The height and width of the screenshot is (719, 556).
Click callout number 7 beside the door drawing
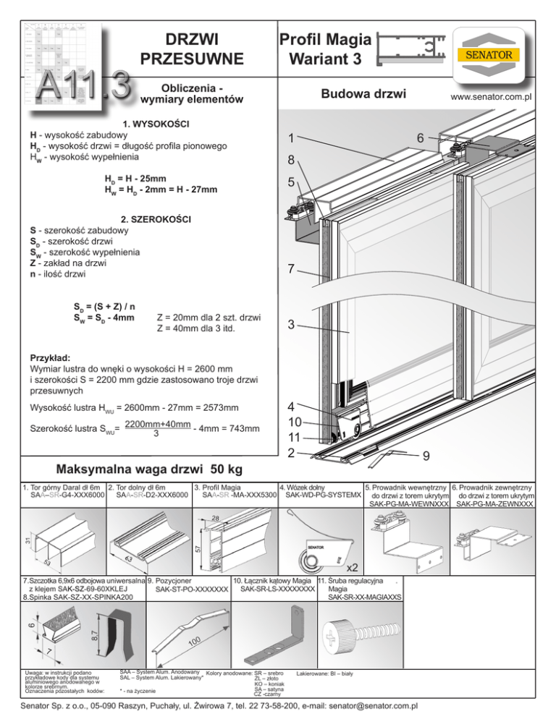290,270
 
